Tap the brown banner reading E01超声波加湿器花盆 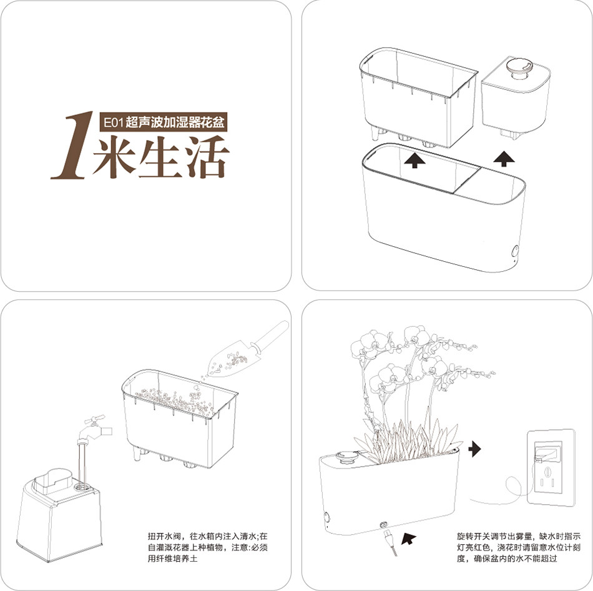click(164, 122)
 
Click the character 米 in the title click(114, 157)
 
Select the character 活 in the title click(207, 157)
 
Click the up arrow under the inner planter click(414, 160)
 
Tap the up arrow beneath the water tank click(504, 159)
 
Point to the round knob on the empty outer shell click(515, 251)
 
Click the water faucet click(94, 430)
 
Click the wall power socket click(551, 467)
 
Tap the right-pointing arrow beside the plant click(474, 449)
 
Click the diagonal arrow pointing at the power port click(409, 538)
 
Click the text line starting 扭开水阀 click(208, 537)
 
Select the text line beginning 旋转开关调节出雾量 click(519, 537)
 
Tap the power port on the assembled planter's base click(385, 525)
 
